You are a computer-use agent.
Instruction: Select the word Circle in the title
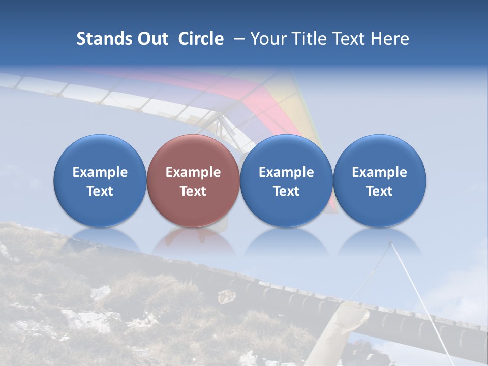201,39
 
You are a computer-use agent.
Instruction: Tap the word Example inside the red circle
193,172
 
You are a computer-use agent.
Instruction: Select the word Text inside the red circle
193,191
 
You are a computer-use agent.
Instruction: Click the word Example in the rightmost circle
380,172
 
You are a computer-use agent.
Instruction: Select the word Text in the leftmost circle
100,191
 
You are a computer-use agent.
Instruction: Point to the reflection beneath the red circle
193,239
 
